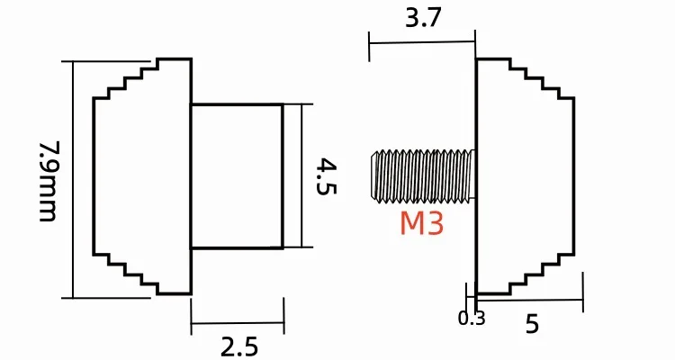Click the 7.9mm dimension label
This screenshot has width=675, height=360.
pos(48,181)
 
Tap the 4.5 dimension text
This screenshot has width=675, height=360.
pos(326,176)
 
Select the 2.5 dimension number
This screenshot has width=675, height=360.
pos(239,346)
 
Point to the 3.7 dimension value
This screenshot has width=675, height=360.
pos(424,19)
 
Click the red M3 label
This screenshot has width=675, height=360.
pos(421,223)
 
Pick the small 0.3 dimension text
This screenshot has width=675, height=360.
pos(472,319)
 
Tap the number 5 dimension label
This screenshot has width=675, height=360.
pos(533,324)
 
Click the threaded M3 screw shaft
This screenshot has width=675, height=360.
pos(423,175)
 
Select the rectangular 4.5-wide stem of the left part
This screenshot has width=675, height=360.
pos(238,176)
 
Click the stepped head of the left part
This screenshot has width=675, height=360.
pos(142,176)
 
